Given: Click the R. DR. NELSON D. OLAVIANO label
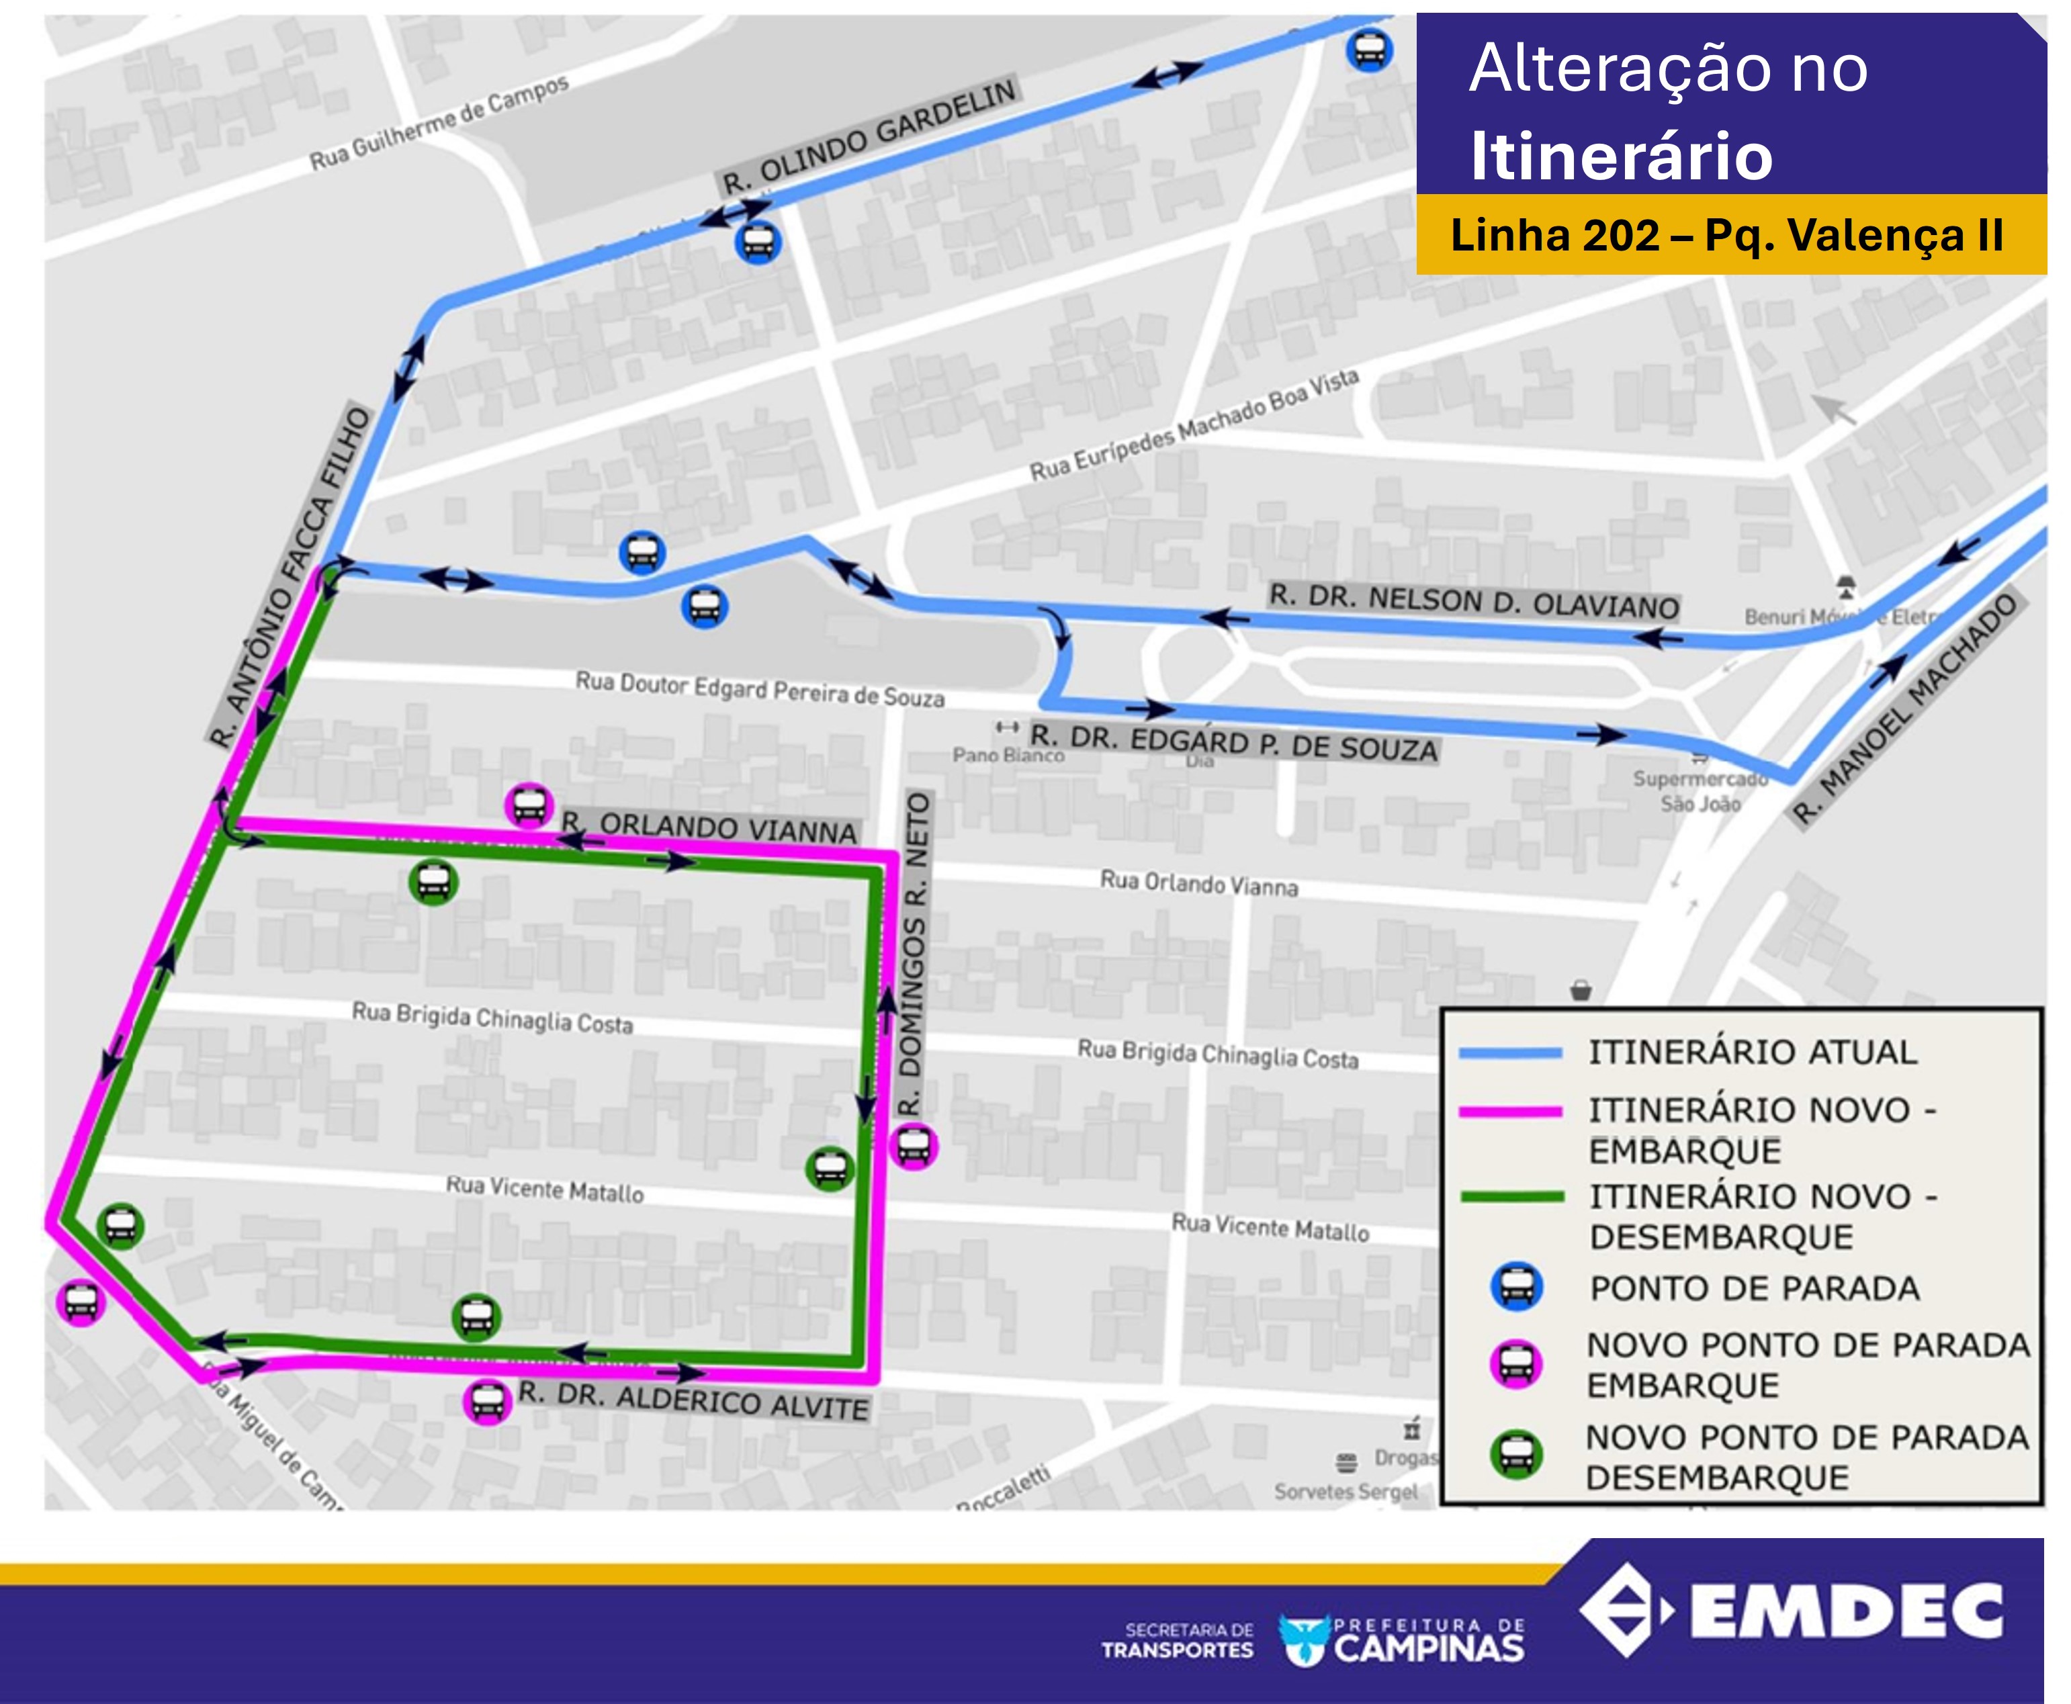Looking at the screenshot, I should (1473, 600).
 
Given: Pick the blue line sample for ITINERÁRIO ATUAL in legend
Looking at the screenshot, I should (1509, 1053).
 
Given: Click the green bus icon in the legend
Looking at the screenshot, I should (1515, 1455).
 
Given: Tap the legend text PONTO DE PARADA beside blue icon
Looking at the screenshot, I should (1754, 1288).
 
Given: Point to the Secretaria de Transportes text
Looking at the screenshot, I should (1177, 1640).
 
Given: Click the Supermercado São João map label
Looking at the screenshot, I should (1700, 790).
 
